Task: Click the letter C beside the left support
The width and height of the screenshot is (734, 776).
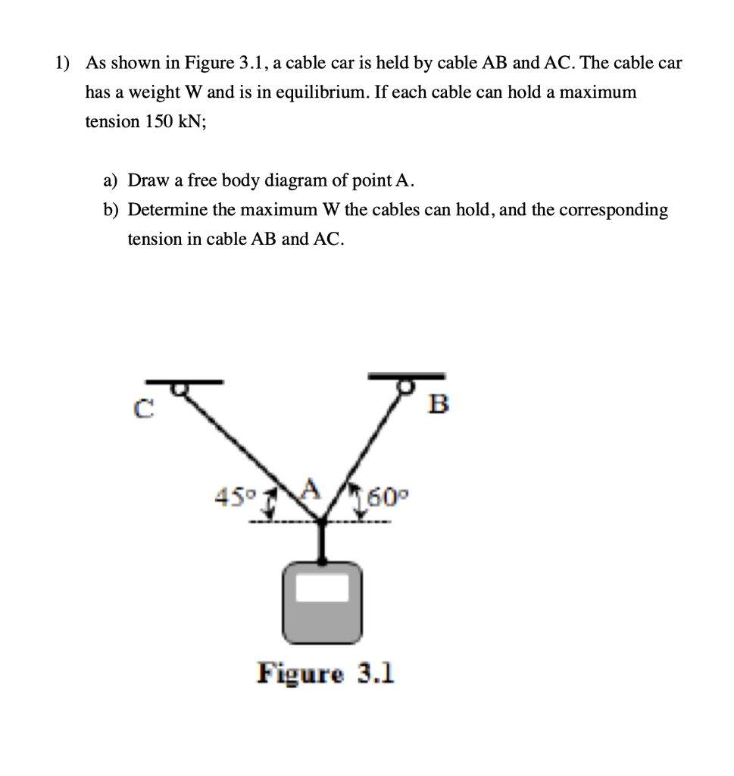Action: [140, 410]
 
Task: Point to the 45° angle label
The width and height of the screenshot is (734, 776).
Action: [233, 500]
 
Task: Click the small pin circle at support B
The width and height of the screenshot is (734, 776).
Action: [409, 386]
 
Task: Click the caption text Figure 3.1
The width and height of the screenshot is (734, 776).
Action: [326, 672]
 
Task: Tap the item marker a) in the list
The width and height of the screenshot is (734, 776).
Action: [111, 180]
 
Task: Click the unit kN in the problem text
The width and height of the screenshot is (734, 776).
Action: [191, 121]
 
